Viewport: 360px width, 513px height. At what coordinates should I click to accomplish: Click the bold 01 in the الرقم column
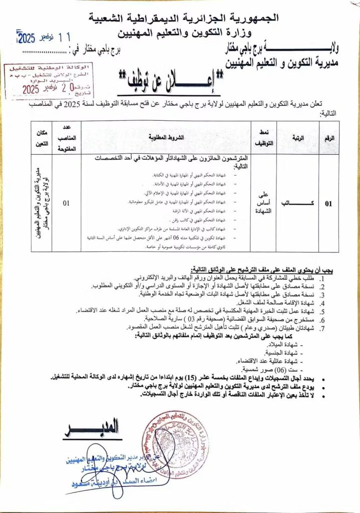(328, 204)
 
